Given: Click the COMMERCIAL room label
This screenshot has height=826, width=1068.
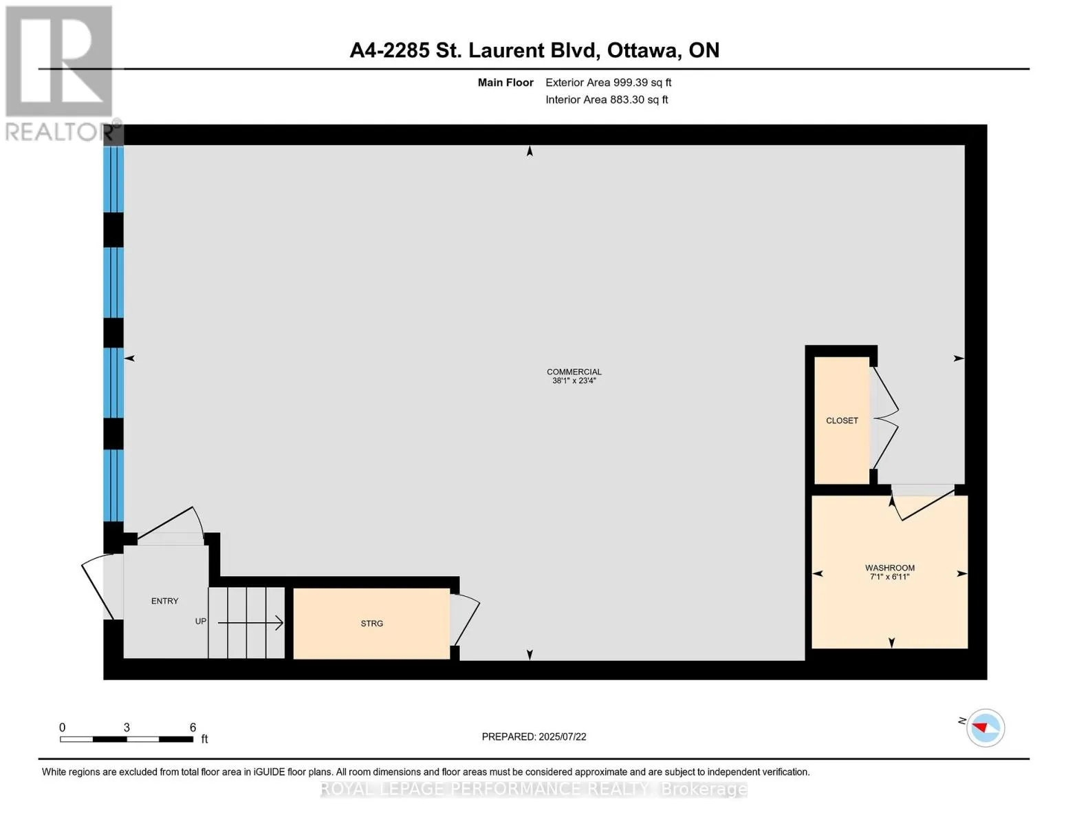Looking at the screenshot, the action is point(574,372).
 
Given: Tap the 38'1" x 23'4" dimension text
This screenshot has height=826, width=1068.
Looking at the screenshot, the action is point(574,381).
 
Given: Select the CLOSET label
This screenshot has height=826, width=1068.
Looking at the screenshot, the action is point(842,421).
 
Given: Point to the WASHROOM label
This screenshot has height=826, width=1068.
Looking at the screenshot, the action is point(890,568).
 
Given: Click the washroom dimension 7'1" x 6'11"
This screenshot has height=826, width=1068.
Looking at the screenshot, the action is point(890,577).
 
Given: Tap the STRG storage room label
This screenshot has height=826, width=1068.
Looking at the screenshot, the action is point(371,624).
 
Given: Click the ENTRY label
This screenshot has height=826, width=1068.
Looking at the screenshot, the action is point(164,601).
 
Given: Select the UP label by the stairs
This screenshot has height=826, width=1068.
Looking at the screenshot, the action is point(201,622).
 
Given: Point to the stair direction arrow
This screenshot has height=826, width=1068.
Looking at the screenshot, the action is point(250,623).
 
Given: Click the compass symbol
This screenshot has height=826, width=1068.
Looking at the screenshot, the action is point(985,728).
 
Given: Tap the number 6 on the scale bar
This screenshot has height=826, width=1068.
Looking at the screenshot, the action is point(193,727).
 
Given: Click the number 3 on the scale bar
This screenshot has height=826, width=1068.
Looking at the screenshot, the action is point(127,727).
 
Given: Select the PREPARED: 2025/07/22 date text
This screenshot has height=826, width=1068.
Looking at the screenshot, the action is point(534,737).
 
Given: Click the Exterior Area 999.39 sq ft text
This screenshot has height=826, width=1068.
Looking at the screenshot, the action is point(608,83).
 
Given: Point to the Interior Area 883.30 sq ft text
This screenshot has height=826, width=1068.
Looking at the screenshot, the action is point(607,100).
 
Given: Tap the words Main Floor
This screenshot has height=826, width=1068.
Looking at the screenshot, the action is point(505,83).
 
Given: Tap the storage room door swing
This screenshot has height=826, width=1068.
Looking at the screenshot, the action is point(465,620).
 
